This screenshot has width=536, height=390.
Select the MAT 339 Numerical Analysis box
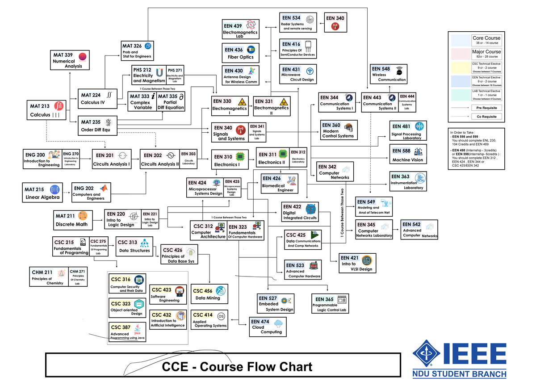pyautogui.click(x=69, y=60)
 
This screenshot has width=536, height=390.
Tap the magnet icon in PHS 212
pyautogui.click(x=159, y=72)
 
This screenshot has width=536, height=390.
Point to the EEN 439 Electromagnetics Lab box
pyautogui.click(x=240, y=29)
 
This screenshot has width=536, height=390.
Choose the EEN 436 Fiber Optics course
pyautogui.click(x=240, y=53)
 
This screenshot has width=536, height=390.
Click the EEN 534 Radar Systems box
pyautogui.click(x=298, y=22)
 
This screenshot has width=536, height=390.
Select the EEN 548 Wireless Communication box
pyautogui.click(x=389, y=74)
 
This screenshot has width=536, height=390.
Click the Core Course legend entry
pyautogui.click(x=475, y=40)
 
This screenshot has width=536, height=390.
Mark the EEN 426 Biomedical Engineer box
pyautogui.click(x=279, y=184)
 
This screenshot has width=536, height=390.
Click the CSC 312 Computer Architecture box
pyautogui.click(x=208, y=231)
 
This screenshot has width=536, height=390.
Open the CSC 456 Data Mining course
pyautogui.click(x=209, y=294)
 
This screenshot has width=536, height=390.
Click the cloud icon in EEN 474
pyautogui.click(x=279, y=323)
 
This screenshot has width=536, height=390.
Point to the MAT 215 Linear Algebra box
pyautogui.click(x=43, y=193)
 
